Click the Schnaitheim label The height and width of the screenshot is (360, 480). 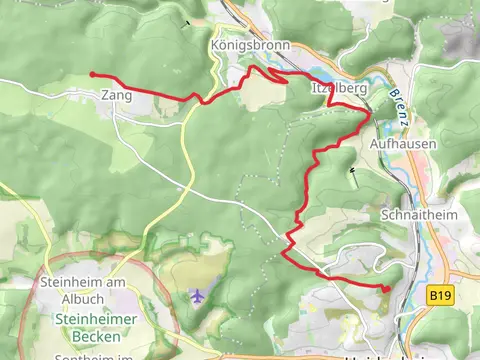pyautogui.click(x=411, y=215)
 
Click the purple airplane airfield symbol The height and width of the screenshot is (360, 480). pyautogui.click(x=197, y=296)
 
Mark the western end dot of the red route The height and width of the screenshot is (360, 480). pyautogui.click(x=92, y=74)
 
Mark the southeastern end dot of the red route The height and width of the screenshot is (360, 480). pyautogui.click(x=386, y=289)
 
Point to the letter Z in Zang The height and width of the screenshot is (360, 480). pyautogui.click(x=103, y=96)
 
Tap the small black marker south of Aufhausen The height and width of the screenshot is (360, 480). pyautogui.click(x=352, y=170)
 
